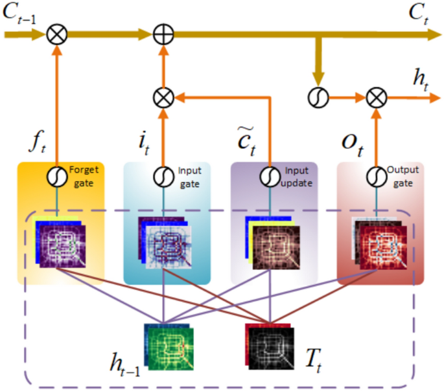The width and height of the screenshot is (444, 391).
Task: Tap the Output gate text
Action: [403, 175]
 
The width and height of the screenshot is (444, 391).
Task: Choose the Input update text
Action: [297, 175]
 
